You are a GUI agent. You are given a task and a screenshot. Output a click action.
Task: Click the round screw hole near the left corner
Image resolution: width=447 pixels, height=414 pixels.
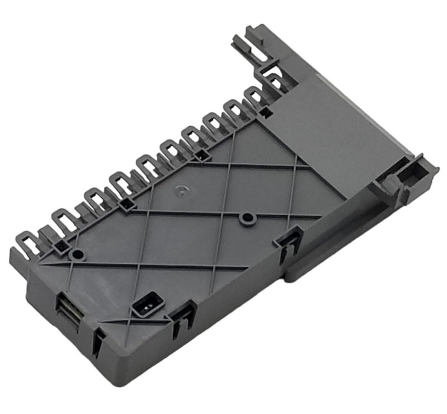76,255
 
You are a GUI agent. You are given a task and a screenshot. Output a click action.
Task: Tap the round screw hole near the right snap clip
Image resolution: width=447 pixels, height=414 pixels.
246,219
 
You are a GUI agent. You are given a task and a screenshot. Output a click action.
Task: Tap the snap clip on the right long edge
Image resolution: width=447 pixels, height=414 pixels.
288,242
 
